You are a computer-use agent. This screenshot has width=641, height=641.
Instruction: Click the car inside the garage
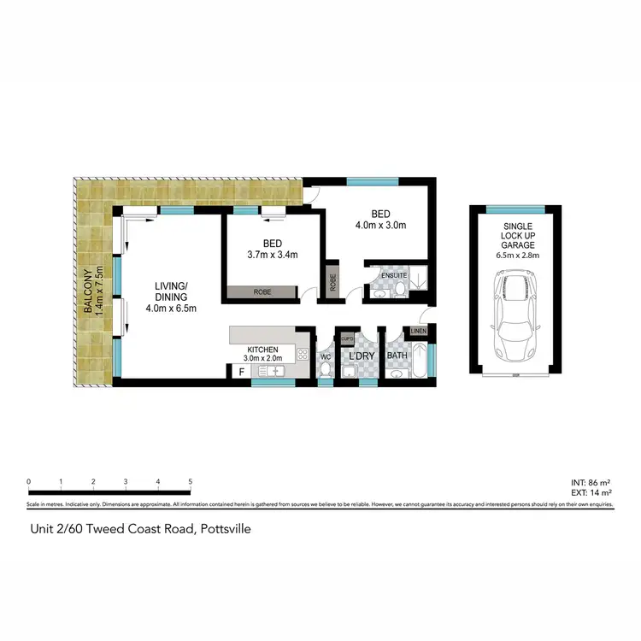point(515,316)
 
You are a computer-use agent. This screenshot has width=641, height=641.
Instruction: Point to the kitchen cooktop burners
point(302,353)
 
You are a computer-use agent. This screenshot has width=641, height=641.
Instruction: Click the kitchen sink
point(275,371)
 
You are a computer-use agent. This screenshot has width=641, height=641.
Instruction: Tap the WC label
point(325,356)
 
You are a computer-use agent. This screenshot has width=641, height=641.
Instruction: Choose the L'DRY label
point(357,356)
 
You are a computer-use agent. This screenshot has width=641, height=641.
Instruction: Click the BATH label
point(397,356)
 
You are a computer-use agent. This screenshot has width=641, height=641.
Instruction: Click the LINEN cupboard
point(419,331)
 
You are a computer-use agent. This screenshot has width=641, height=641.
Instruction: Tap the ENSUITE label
point(394,275)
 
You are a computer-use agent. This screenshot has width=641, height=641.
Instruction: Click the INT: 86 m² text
point(590,483)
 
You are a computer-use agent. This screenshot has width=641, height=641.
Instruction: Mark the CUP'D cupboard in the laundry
point(349,339)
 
